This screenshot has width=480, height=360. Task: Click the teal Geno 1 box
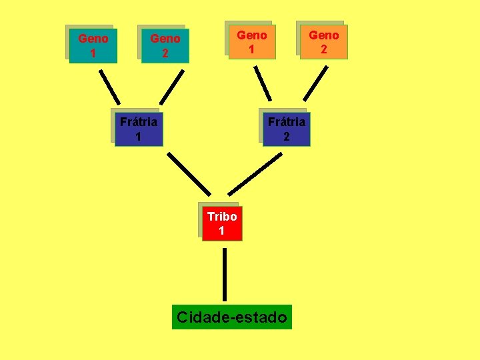93,45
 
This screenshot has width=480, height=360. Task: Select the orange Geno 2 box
323,42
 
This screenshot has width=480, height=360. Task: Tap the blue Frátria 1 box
138,129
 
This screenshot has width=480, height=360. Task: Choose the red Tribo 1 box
221,223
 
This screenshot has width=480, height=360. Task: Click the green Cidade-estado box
232,317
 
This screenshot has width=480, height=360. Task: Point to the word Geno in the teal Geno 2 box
165,39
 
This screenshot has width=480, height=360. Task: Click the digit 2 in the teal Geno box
165,53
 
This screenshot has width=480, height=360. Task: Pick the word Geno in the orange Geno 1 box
252,35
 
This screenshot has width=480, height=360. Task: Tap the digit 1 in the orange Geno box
252,49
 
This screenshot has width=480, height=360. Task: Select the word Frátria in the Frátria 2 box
286,121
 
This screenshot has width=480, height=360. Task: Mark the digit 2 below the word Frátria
286,137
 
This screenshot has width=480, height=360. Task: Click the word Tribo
222,217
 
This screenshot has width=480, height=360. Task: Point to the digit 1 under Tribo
222,231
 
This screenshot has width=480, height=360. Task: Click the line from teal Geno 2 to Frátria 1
171,86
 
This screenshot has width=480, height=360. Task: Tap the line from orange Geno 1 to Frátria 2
263,83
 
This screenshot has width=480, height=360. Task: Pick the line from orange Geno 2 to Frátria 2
316,83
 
